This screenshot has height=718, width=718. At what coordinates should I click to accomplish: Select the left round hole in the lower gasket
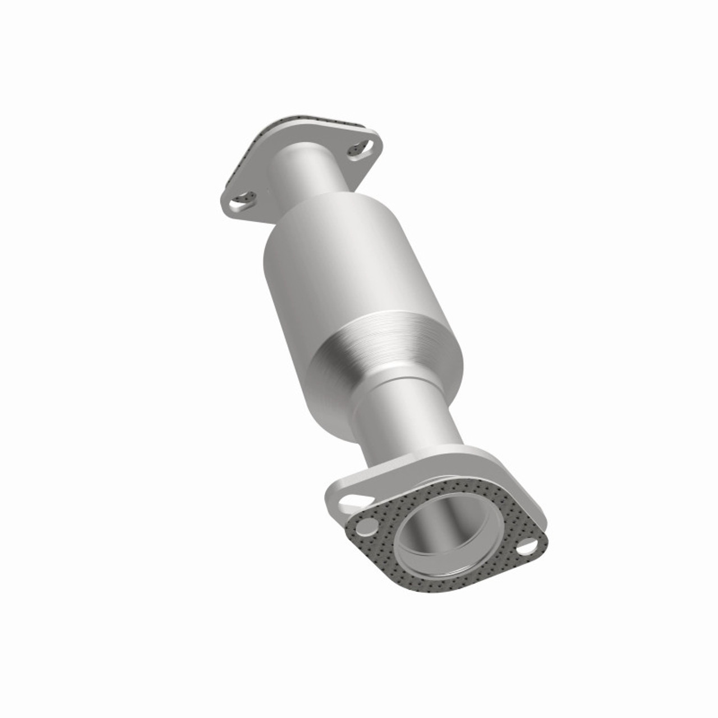coord(367,526)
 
